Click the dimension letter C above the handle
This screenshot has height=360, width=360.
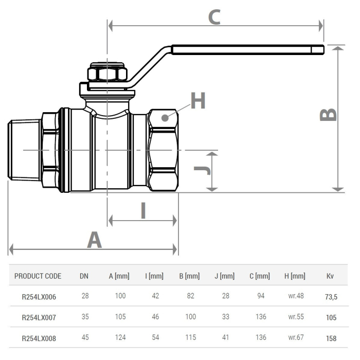coord(214,16)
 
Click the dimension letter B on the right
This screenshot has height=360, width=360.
coord(329,115)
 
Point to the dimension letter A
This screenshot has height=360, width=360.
coord(94,240)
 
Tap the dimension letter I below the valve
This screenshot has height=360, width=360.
coord(143,210)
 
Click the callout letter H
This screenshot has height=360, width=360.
coord(198,101)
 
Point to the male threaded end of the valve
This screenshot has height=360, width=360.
coord(24,150)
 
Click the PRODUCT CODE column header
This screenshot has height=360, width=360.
coord(38,276)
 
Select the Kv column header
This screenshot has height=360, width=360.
coord(330,276)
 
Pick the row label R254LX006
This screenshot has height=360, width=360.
coord(39,297)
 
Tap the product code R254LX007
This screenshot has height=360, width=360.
coord(39,317)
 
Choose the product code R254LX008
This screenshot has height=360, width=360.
coord(39,338)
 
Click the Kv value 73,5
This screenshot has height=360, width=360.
coord(331,297)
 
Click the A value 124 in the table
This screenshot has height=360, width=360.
coord(120,338)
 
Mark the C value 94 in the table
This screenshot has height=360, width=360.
coord(261,297)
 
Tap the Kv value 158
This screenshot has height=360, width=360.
coord(331,338)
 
